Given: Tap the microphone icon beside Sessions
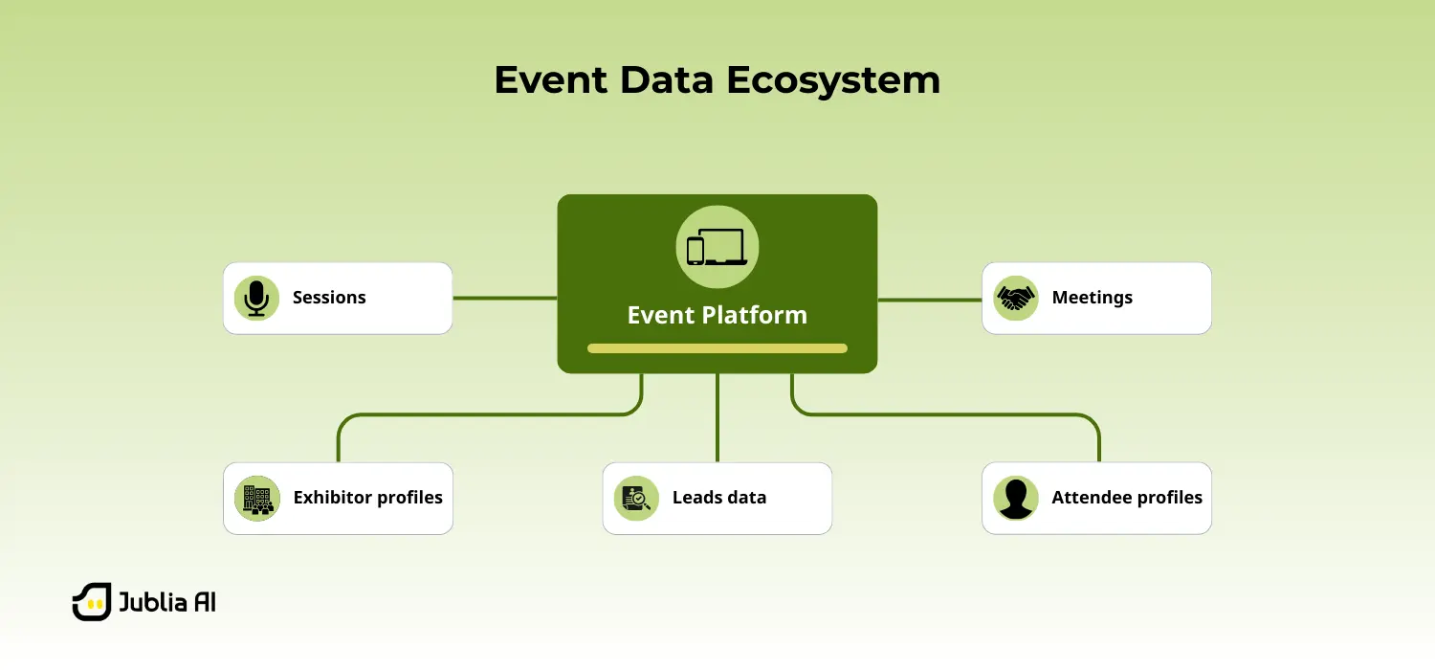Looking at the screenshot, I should coord(256,298).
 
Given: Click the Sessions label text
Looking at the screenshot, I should coord(329,298).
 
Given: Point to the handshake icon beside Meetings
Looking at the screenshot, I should coord(1015,298).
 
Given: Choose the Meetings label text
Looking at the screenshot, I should coord(1092,298).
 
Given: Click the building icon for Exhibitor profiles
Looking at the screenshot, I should coord(256,498).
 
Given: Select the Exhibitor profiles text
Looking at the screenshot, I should coord(367,498).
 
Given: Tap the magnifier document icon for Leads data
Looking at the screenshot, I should coord(636,498).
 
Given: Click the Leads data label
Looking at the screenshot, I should coord(718,498).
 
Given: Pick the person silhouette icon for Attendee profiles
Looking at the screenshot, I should coord(1015,498).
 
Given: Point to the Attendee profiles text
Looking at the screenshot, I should coord(1126,498).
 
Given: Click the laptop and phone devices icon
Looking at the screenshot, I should coord(717,247).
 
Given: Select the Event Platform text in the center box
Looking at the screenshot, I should coord(717,315).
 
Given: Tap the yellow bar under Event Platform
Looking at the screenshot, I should coord(717,348).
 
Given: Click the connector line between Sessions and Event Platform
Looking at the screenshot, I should coord(504,298).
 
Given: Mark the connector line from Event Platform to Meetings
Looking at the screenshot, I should coord(929,300).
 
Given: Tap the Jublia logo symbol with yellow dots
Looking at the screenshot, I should coord(92,602).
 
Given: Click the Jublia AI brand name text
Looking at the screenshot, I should coord(166,603).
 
